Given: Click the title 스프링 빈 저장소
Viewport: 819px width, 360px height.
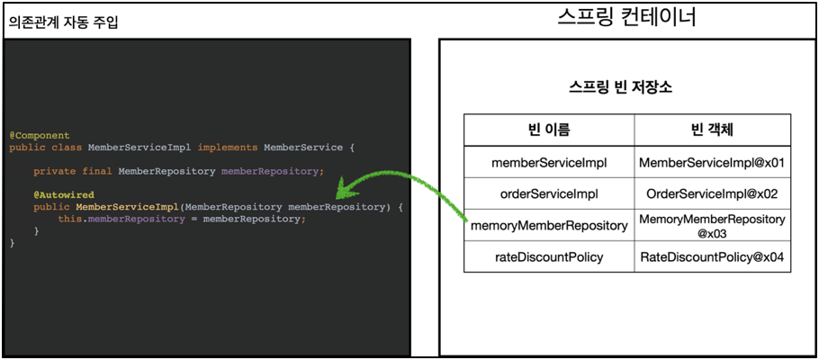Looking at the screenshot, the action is tap(620, 87).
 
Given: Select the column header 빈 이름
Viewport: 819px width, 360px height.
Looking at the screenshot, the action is tap(549, 130).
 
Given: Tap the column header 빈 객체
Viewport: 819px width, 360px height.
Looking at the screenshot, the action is tap(712, 130).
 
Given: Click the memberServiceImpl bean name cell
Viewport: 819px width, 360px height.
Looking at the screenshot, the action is tap(549, 163).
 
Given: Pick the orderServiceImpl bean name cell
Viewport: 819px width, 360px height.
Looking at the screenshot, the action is tap(549, 193).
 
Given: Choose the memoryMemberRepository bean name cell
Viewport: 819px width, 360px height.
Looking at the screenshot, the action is tap(549, 225).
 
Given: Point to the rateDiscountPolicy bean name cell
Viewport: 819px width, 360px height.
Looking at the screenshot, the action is tap(549, 256).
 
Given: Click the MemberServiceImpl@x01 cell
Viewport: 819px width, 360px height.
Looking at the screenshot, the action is tap(712, 163).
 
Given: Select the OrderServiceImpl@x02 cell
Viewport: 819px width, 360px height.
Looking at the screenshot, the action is tap(712, 193).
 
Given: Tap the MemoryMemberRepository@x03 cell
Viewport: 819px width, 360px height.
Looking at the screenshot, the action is tap(712, 225).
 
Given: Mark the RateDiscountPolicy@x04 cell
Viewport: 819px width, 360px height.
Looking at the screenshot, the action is tap(712, 256).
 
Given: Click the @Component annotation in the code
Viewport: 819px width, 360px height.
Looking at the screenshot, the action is tap(40, 136).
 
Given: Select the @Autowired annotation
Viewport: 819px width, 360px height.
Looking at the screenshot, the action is tap(64, 195).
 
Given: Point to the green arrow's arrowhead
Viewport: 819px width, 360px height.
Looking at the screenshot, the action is tap(342, 192).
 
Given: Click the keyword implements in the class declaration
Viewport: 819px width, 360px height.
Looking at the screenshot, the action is tap(228, 148).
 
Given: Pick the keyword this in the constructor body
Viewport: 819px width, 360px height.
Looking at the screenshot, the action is tap(69, 219).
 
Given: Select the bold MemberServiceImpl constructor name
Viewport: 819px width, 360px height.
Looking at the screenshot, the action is tap(127, 207).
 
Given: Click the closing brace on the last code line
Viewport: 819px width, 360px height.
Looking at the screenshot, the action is tap(13, 243).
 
